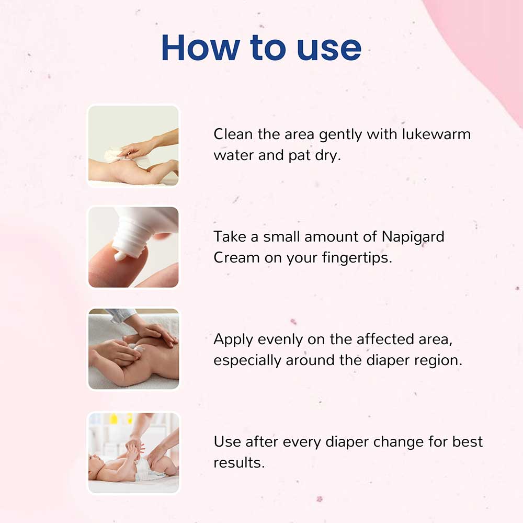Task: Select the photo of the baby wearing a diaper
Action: pyautogui.click(x=133, y=452)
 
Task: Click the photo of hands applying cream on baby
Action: pyautogui.click(x=133, y=349)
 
